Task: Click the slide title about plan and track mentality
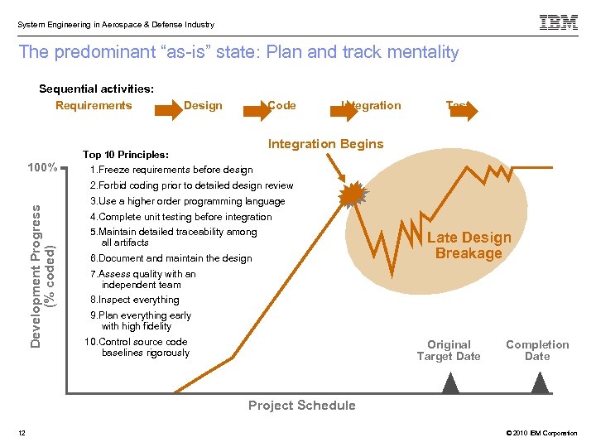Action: tap(238, 52)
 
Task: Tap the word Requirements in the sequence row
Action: tap(94, 105)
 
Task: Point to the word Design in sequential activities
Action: tap(203, 105)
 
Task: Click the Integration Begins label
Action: tap(325, 144)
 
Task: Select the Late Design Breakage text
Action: tap(469, 246)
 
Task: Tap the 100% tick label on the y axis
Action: tap(42, 168)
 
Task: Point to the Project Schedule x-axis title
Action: tap(302, 405)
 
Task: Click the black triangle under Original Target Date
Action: tap(450, 382)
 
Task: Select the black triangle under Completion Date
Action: tap(539, 382)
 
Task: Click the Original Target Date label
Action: tap(448, 350)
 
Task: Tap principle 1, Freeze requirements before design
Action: tap(171, 170)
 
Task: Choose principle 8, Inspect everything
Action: tap(134, 300)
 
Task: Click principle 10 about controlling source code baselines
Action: tap(137, 347)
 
